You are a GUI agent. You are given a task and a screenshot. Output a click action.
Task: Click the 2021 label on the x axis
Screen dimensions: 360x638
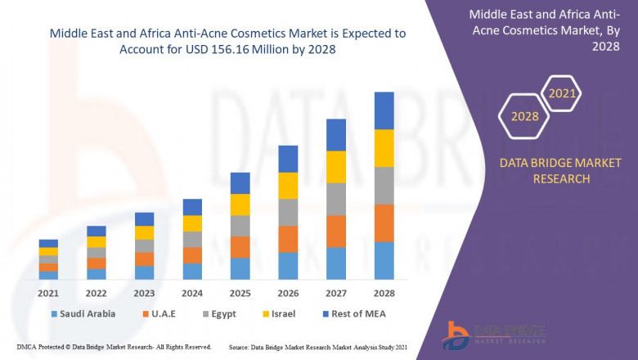pos(48,293)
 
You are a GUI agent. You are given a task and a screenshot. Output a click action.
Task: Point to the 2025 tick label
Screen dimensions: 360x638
pos(240,293)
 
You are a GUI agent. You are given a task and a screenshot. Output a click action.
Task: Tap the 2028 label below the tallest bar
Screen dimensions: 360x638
pos(384,293)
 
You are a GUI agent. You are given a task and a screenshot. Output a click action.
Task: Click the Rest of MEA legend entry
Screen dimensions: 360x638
pos(353,313)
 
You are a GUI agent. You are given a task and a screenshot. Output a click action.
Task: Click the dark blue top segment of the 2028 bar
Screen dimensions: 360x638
pos(384,110)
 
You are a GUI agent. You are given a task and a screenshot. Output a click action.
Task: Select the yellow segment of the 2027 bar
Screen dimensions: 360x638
pos(336,167)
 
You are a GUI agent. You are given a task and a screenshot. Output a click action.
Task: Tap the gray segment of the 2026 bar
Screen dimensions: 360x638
pos(288,212)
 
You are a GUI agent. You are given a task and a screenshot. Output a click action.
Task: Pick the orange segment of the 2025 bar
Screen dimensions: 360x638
pos(240,247)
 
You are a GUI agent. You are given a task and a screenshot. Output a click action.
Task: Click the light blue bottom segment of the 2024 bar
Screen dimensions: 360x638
pos(192,271)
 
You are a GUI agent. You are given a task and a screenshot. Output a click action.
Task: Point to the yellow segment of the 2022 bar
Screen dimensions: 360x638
pos(97,241)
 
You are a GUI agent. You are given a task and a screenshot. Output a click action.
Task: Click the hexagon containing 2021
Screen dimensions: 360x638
pos(561,93)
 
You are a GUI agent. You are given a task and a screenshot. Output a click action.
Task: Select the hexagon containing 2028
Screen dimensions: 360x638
pos(524,116)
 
